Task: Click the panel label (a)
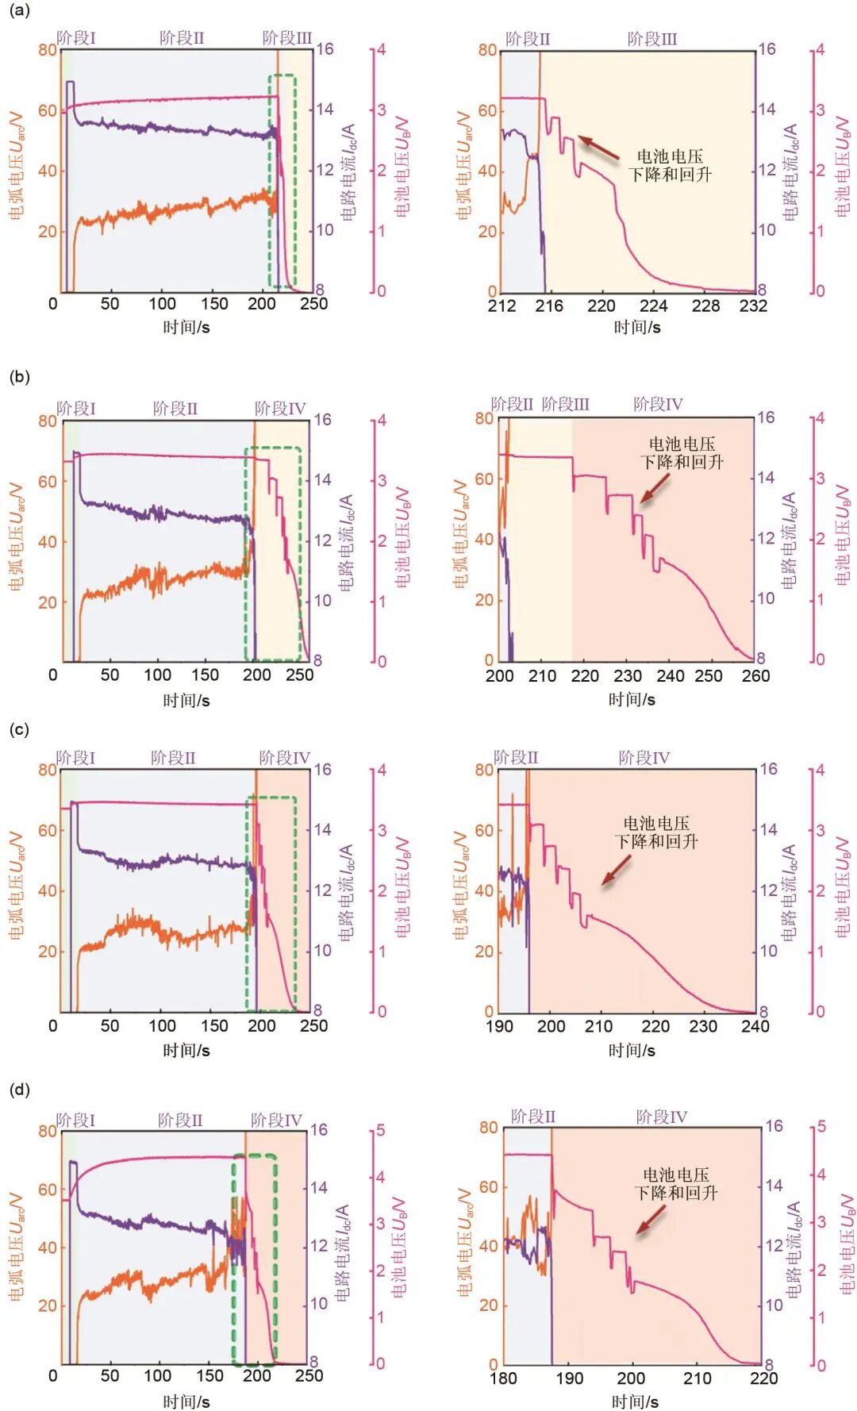point(19,10)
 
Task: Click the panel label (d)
point(19,1090)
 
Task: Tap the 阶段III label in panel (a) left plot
point(287,38)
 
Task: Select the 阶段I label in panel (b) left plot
point(76,409)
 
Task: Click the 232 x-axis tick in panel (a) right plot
point(753,306)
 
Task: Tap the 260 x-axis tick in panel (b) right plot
point(755,676)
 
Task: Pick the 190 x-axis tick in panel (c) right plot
point(499,1026)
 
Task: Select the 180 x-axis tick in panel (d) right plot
point(503,1378)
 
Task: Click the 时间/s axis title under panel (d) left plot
point(186,1401)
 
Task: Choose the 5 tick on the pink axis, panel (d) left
point(380,1130)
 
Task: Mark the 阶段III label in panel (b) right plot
point(566,405)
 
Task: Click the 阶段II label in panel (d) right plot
point(533,1117)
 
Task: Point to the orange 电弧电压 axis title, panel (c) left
point(17,886)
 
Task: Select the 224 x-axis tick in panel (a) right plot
point(653,306)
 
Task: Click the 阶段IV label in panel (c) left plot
point(284,758)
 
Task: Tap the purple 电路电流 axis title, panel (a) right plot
point(790,171)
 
